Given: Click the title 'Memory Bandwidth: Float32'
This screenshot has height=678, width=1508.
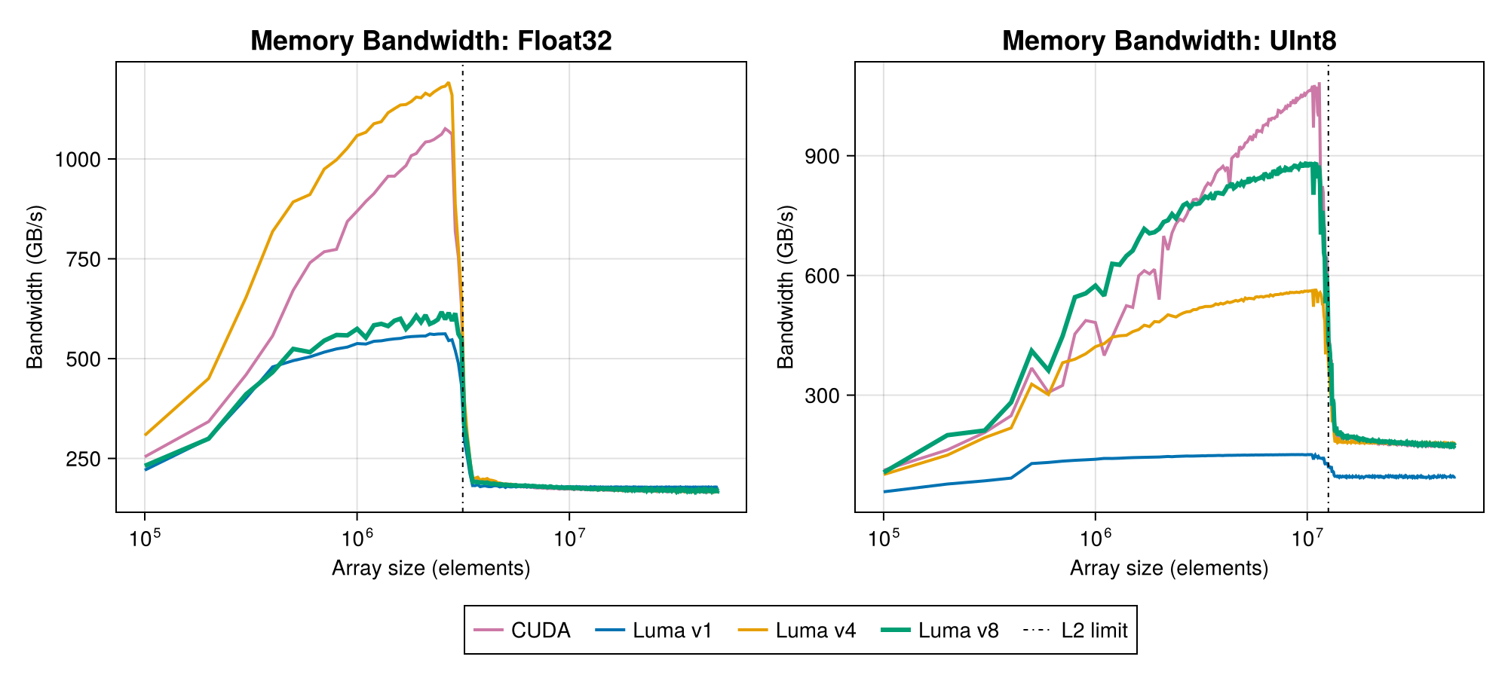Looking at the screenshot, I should pyautogui.click(x=431, y=41).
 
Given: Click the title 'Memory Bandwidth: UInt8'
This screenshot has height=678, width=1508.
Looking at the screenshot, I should pyautogui.click(x=1169, y=41).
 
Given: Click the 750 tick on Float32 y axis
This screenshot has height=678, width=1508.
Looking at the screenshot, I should pyautogui.click(x=84, y=259).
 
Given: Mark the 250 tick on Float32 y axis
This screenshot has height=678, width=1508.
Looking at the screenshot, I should pyautogui.click(x=84, y=459).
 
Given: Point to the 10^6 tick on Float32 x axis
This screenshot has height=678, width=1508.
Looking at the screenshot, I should pyautogui.click(x=357, y=538).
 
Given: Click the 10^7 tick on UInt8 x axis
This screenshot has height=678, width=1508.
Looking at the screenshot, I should pyautogui.click(x=1307, y=538).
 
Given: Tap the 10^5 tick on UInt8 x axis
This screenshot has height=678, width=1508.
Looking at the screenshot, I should pyautogui.click(x=883, y=538).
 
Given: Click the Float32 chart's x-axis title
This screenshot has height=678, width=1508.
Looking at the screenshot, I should pyautogui.click(x=431, y=568).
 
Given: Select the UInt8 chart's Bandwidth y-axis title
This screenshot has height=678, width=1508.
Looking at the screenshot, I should pyautogui.click(x=786, y=286).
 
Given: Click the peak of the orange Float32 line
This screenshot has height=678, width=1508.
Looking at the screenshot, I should pyautogui.click(x=449, y=83).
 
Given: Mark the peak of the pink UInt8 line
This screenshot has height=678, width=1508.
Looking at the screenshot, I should pyautogui.click(x=1319, y=84).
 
